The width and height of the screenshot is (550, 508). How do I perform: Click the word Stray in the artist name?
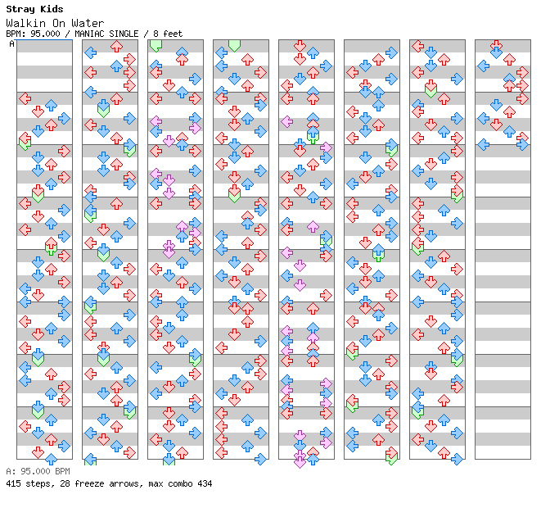tap(20, 9)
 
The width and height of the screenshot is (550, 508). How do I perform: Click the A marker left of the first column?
tap(12, 44)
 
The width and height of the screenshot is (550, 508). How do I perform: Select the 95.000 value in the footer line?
tap(33, 472)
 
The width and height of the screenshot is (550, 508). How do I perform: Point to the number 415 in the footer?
tap(13, 484)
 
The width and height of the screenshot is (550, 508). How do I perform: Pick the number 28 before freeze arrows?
tap(60, 484)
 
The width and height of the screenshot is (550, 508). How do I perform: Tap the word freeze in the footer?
tap(83, 484)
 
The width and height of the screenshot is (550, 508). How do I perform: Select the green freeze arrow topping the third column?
tap(156, 45)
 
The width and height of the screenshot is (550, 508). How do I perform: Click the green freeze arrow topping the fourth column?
tap(234, 45)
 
